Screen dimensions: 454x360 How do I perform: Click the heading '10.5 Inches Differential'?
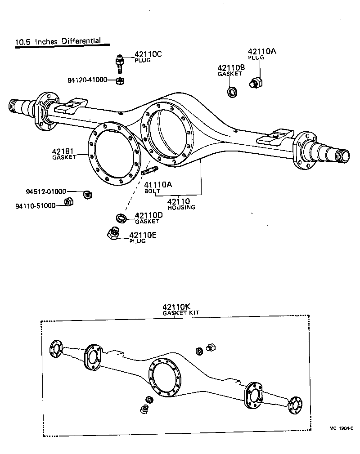pyautogui.click(x=58, y=42)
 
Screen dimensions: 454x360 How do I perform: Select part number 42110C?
pyautogui.click(x=148, y=54)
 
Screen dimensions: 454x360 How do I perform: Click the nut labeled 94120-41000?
pyautogui.click(x=120, y=81)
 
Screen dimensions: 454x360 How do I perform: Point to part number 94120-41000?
pyautogui.click(x=87, y=80)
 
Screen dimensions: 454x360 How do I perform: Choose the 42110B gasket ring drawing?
pyautogui.click(x=233, y=93)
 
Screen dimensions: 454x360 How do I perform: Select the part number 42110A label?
pyautogui.click(x=262, y=52)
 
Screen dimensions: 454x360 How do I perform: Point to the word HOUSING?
pyautogui.click(x=181, y=208)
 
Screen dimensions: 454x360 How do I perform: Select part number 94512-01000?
pyautogui.click(x=46, y=192)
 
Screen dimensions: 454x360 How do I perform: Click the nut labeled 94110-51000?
pyautogui.click(x=69, y=202)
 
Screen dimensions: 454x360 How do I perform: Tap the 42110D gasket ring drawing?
pyautogui.click(x=121, y=219)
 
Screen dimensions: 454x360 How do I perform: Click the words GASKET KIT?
pyautogui.click(x=181, y=313)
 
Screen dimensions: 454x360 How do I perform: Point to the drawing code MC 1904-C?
pyautogui.click(x=340, y=429)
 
